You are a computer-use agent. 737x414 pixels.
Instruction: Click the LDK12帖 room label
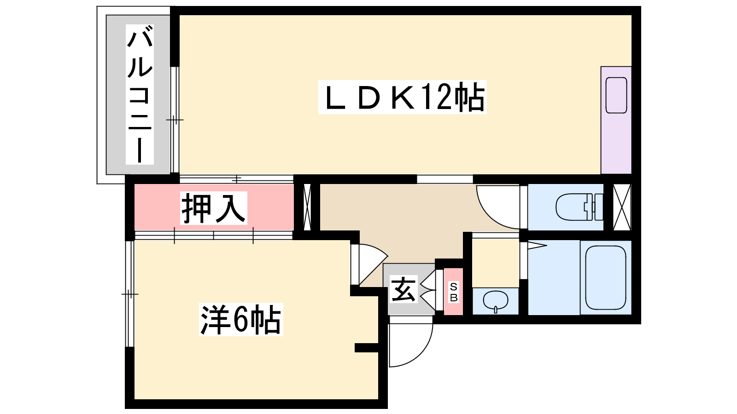[402, 97]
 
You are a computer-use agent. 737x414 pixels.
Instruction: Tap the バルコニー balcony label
[140, 94]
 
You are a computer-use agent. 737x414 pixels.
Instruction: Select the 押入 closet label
[214, 208]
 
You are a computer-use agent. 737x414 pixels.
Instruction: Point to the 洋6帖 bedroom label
[240, 319]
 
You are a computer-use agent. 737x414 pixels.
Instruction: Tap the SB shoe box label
[454, 292]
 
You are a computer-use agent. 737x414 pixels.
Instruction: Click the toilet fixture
[578, 207]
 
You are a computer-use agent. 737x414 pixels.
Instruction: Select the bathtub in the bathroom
[606, 277]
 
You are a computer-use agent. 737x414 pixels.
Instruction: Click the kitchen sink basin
[616, 95]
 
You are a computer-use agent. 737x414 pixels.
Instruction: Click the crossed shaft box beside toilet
[622, 207]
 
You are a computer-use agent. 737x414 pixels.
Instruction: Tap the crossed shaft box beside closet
[307, 207]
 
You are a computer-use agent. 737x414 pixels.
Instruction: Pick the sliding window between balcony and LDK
[175, 120]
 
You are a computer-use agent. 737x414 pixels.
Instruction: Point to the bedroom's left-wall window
[129, 293]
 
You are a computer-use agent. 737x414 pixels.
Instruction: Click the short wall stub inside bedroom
[367, 348]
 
